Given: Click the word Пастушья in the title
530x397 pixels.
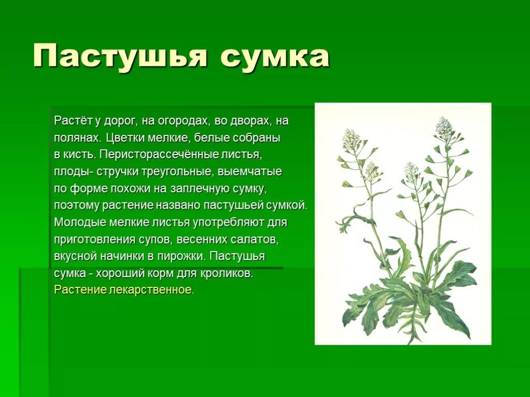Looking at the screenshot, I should pyautogui.click(x=120, y=56).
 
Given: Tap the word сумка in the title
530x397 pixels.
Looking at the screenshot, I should pyautogui.click(x=275, y=56).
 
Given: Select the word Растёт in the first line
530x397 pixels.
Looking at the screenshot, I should pyautogui.click(x=73, y=121).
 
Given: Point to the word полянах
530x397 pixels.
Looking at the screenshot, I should pyautogui.click(x=78, y=138).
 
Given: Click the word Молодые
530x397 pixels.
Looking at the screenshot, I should pyautogui.click(x=80, y=222).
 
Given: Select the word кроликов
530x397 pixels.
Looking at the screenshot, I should pyautogui.click(x=227, y=273).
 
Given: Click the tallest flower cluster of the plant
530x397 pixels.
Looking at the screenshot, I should pyautogui.click(x=444, y=126).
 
